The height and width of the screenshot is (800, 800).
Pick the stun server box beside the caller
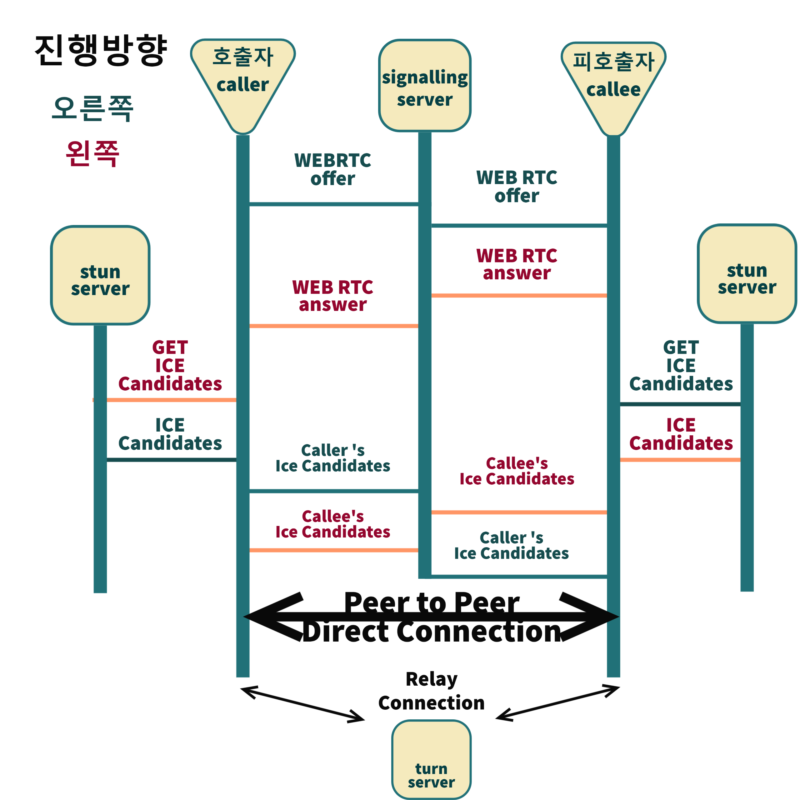(x=100, y=275)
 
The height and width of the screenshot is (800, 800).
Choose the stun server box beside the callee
(x=747, y=274)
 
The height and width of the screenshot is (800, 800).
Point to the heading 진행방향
(x=101, y=50)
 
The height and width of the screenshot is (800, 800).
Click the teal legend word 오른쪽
(x=92, y=108)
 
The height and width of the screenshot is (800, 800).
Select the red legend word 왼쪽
(x=92, y=153)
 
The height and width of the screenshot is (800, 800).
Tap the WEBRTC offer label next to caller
(x=332, y=169)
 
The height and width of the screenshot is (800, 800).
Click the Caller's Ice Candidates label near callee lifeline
(x=511, y=545)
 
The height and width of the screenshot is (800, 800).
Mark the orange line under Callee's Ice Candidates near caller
(x=333, y=550)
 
